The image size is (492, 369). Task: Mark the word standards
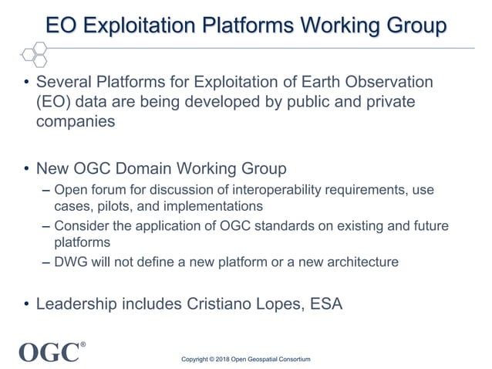283,225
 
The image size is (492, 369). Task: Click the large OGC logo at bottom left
48,351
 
